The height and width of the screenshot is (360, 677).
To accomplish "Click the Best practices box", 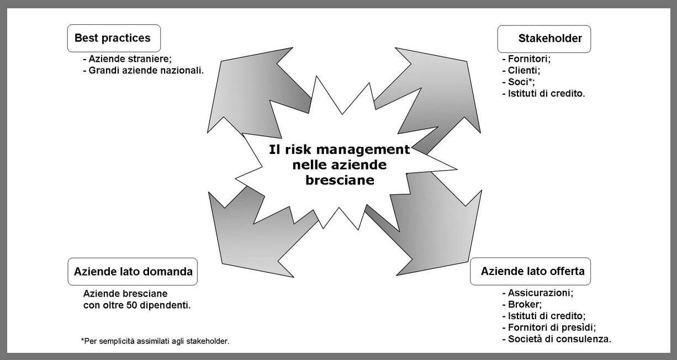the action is coord(114,38).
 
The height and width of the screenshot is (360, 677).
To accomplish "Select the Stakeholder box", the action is coord(544,39).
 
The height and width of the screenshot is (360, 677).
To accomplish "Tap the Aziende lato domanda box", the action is coord(133,272).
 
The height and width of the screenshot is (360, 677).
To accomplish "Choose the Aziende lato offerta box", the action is coord(531,271).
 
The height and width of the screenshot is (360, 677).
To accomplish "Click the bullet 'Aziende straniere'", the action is coord(127,59).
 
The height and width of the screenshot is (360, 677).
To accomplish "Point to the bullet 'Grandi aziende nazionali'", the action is coord(143,71).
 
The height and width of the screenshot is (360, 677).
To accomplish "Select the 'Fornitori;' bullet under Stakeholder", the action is coord(526,59).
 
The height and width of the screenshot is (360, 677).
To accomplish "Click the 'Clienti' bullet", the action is coord(521,70).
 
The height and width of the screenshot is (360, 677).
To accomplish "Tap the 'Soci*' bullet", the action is coord(519,82).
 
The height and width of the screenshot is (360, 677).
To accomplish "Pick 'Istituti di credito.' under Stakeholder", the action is coord(544,93).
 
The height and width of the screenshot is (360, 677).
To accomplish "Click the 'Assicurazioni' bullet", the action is coord(538,293).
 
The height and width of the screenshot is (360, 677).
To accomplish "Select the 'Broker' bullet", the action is coord(522,304).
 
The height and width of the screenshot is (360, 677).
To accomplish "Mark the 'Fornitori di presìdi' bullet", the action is coord(549,327).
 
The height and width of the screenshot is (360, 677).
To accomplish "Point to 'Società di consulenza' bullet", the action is coord(557,339).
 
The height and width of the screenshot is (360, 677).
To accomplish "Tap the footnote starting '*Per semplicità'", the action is coord(155,341).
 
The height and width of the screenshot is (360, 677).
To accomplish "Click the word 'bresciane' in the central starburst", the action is coord(340,180).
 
